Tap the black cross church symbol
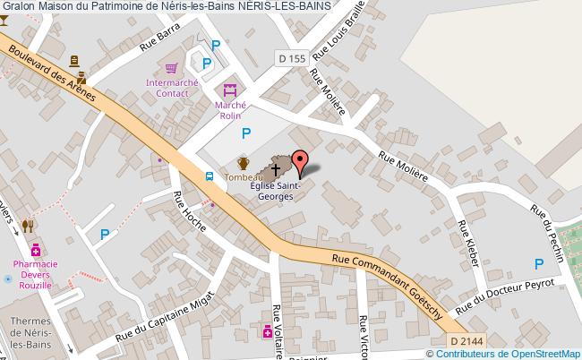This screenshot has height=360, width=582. pyautogui.click(x=276, y=167)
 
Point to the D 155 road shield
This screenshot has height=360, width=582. pyautogui.click(x=292, y=58)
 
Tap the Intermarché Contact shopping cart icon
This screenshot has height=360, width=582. pyautogui.click(x=170, y=68)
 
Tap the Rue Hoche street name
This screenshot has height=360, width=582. pyautogui.click(x=189, y=211)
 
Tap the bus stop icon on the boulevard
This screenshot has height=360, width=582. pyautogui.click(x=209, y=176)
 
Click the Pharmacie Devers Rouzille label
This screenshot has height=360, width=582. pyautogui.click(x=36, y=274)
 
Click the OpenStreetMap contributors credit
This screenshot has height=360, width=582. pyautogui.click(x=510, y=353)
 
